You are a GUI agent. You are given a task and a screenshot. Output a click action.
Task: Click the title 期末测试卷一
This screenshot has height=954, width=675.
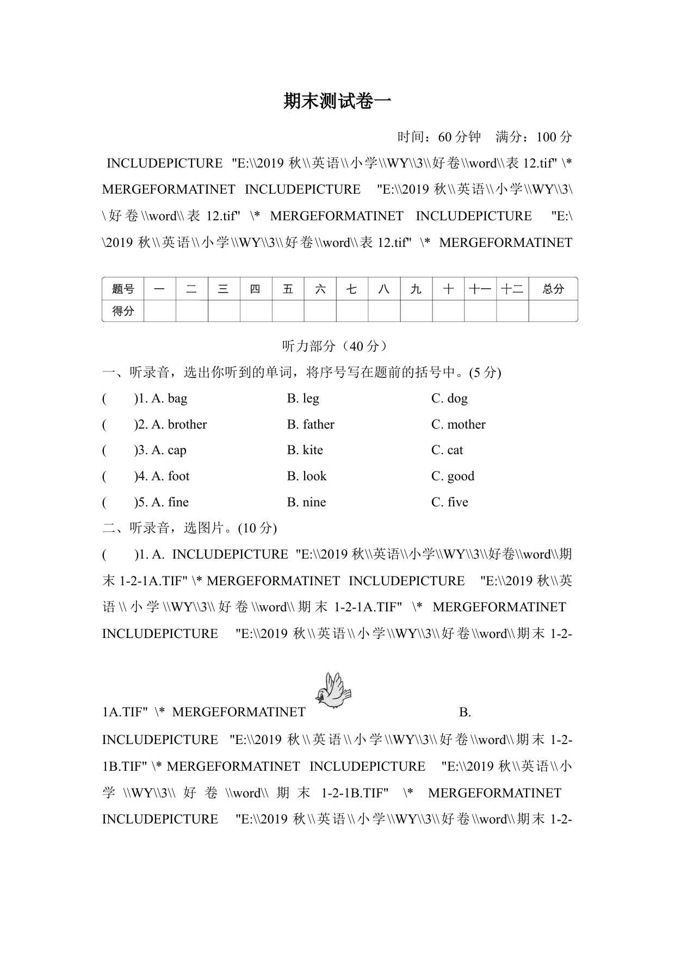(337, 102)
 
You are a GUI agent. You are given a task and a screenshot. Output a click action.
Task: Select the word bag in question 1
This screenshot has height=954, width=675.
(177, 399)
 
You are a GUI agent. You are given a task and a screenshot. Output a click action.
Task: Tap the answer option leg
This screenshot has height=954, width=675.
(311, 399)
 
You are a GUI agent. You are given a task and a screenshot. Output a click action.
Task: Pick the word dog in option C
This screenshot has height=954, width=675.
(457, 399)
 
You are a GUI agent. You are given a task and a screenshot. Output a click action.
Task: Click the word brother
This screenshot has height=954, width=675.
(187, 424)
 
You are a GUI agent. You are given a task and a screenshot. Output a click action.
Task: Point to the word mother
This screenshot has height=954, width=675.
(466, 424)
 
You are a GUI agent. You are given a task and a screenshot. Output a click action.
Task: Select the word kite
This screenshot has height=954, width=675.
(313, 450)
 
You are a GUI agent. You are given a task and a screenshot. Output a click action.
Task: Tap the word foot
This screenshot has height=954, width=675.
(178, 476)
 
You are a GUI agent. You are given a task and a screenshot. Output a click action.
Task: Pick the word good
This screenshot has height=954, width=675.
(460, 476)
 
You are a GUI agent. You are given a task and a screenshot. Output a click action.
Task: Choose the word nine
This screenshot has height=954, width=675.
(314, 502)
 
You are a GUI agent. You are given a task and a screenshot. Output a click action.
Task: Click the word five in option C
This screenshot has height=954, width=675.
(457, 502)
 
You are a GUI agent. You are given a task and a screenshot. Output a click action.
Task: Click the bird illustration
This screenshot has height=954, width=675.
(333, 690)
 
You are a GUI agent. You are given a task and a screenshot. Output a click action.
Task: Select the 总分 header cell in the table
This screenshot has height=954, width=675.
(553, 289)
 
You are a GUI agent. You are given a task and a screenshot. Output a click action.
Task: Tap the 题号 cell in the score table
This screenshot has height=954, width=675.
(123, 289)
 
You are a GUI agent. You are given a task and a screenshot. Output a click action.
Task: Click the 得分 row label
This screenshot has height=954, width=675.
(123, 311)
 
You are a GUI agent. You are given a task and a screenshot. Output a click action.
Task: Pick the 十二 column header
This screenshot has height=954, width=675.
(512, 289)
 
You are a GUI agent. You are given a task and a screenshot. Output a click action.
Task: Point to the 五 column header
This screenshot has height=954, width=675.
(288, 289)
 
